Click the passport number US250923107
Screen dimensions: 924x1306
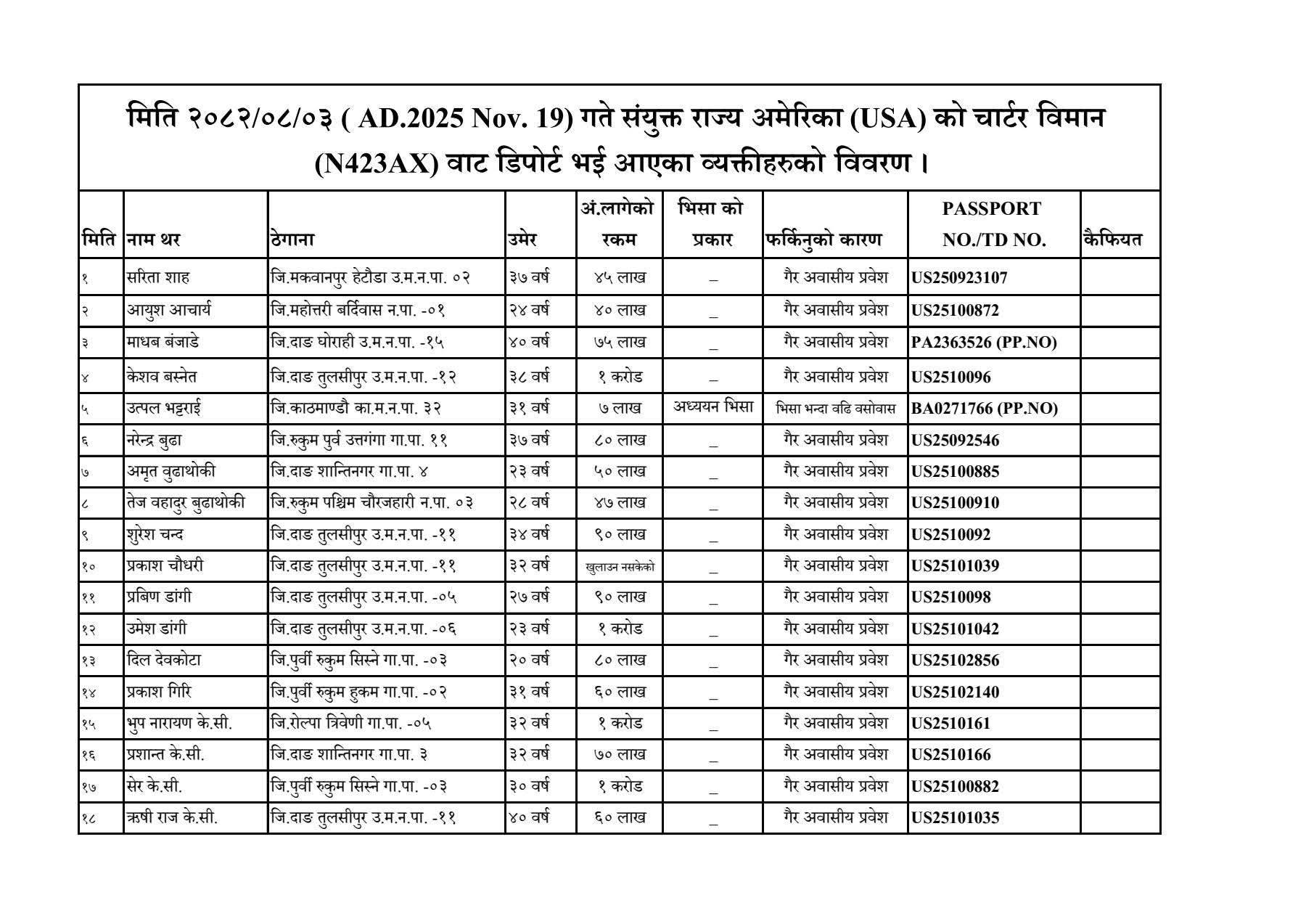pos(959,278)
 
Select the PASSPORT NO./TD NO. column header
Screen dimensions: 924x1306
pos(993,224)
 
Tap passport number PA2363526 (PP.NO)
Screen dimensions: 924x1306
pos(983,343)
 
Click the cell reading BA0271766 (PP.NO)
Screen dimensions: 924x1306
pos(984,409)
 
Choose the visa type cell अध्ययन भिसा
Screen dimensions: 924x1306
pos(712,406)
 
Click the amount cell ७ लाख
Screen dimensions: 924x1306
pos(620,409)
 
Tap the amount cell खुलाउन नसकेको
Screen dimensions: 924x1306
pos(620,566)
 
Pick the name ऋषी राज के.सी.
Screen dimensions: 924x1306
pos(172,817)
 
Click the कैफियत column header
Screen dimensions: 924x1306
pos(1112,240)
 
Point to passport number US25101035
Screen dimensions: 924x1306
pos(955,818)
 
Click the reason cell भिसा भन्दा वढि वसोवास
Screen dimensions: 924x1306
pos(835,409)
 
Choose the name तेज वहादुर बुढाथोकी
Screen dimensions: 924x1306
pos(185,502)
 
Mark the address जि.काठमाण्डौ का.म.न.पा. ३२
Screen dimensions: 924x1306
pos(356,409)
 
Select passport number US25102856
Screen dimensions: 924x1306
pos(955,661)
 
